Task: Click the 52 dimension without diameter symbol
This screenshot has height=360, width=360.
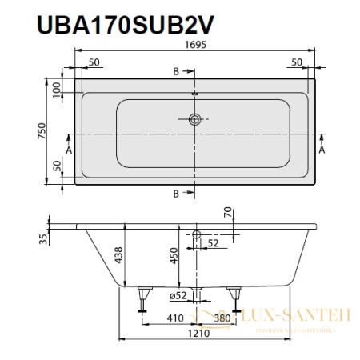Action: (213, 243)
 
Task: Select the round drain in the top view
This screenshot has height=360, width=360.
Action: (194, 121)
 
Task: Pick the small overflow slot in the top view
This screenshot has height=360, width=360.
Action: (194, 94)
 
